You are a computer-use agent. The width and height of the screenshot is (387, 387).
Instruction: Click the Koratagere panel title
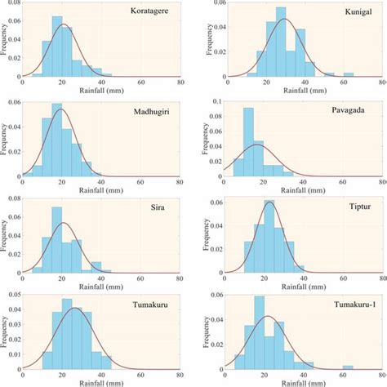[149, 11]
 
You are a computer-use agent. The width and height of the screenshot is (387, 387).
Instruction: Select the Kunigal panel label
[348, 12]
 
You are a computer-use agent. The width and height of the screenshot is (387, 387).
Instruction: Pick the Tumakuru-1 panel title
[340, 300]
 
